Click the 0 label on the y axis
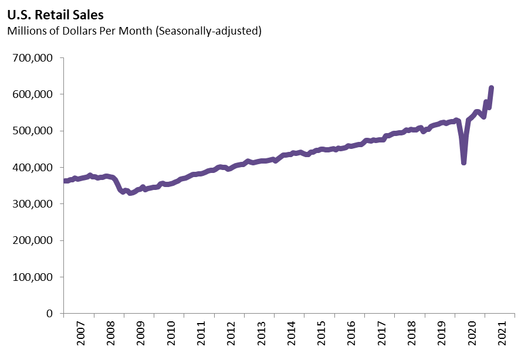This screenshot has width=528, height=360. [50, 314]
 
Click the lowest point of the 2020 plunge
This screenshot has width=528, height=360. [464, 162]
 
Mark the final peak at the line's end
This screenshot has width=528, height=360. [492, 88]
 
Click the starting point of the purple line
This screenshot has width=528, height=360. [65, 181]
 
